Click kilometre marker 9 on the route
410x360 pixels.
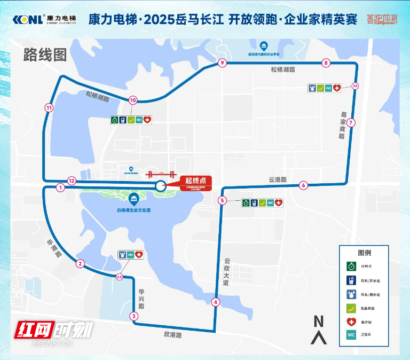(x=222, y=63)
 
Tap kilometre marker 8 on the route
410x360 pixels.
(x=326, y=63)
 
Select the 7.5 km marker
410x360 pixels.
(x=355, y=86)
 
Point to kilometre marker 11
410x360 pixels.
(x=49, y=107)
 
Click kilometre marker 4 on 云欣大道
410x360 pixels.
(x=216, y=302)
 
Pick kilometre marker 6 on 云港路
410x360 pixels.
(x=304, y=185)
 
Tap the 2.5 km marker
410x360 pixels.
(x=119, y=277)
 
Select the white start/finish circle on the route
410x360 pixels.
(x=160, y=185)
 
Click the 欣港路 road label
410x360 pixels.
(x=173, y=335)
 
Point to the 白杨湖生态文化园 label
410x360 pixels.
(x=134, y=210)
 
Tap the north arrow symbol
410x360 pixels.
(x=319, y=329)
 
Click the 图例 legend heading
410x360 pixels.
(x=364, y=253)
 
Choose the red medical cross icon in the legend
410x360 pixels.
(x=351, y=322)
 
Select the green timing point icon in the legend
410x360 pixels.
(x=351, y=266)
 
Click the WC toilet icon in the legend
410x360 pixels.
(x=351, y=335)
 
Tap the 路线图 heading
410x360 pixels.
(x=45, y=54)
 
